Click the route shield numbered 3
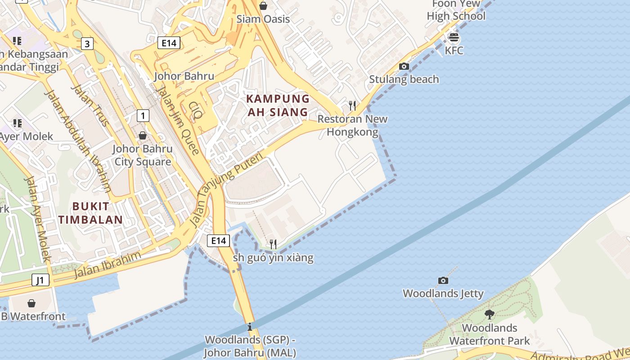(x=87, y=44)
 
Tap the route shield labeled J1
(x=40, y=280)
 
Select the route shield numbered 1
(x=143, y=116)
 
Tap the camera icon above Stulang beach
(x=404, y=67)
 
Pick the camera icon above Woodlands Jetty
(x=443, y=280)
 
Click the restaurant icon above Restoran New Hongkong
(x=352, y=106)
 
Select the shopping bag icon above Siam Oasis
(x=263, y=6)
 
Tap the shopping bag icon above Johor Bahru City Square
(x=143, y=135)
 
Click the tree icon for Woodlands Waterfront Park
(x=490, y=314)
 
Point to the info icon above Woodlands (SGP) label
(x=250, y=327)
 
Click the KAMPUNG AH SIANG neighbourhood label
(x=278, y=105)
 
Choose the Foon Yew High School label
(x=456, y=10)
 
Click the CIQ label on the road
(x=195, y=110)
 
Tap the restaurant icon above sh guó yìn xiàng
(x=273, y=244)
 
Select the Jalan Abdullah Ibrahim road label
(x=77, y=141)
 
